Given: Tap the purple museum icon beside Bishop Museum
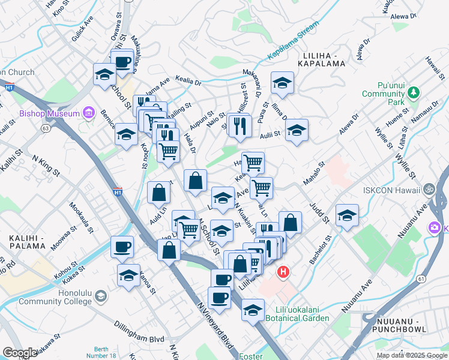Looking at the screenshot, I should pos(89,113).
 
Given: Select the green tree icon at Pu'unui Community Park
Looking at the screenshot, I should pos(412,93).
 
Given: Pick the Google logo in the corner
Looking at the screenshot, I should pos(20,353).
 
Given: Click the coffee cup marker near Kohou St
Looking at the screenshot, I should pos(122,247).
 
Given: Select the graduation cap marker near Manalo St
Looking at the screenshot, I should pos(347,216).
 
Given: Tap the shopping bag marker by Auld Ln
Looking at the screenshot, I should pos(158,193).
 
